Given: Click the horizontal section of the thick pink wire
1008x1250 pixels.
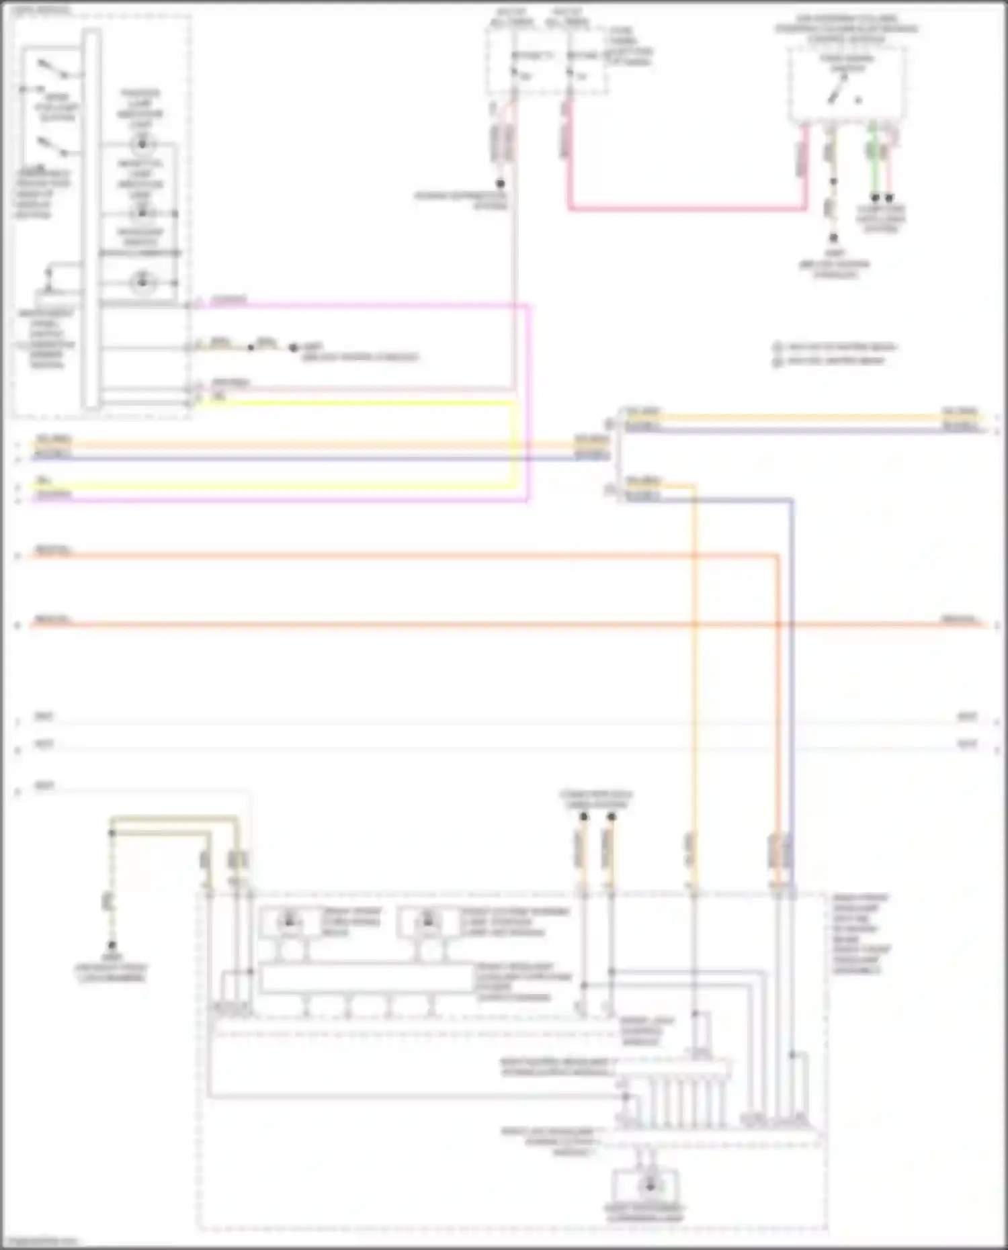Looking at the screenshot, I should (685, 208).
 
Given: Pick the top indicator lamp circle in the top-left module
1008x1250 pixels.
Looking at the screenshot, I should (142, 143).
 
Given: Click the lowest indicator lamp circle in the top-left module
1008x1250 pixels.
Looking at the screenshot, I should (142, 281).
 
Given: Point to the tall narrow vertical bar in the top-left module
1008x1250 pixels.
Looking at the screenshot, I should (91, 218).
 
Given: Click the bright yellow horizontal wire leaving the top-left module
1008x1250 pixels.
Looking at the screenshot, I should (356, 404).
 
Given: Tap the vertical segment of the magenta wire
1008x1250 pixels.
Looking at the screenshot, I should (529, 403).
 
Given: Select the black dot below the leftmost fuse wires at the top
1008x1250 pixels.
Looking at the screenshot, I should (501, 183).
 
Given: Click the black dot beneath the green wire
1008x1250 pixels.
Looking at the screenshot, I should (875, 198).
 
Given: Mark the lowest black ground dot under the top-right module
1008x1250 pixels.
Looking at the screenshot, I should (833, 238).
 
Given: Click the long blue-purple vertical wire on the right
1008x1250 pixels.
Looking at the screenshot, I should (792, 672).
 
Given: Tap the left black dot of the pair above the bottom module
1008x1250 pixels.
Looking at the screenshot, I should (584, 817).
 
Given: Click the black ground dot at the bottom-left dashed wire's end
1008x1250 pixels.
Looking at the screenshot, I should (112, 945).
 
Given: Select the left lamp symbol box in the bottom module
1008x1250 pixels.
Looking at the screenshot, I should (290, 922).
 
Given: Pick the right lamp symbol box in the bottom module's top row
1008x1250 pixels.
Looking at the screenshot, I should (428, 922).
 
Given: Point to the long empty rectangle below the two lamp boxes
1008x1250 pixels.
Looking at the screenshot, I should (367, 979).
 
